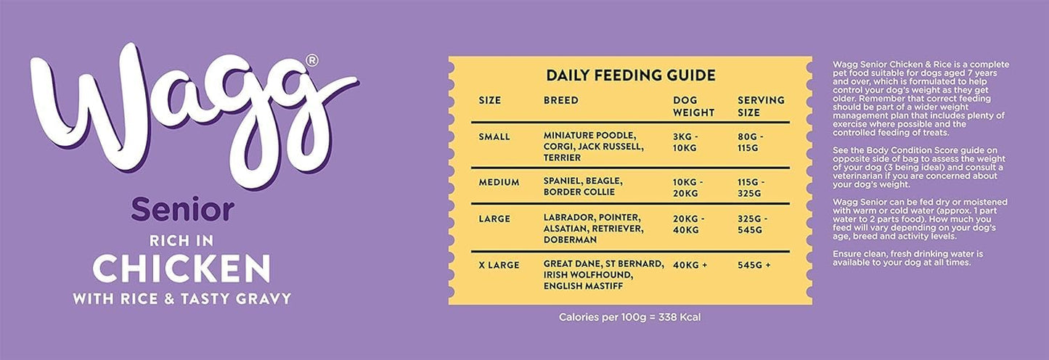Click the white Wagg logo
pos(181,116)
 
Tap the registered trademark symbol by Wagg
pos(312,60)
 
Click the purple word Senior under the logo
pos(182,210)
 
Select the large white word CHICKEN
pos(181,269)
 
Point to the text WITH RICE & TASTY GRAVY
pos(181,298)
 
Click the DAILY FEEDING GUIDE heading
pos(630,75)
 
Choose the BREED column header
pos(560,100)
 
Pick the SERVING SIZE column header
pos(760,107)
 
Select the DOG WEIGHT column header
pos(693,107)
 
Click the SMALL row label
pos(494,136)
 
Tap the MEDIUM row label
pos(499,181)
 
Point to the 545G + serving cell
pos(754,265)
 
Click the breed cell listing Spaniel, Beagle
pos(582,187)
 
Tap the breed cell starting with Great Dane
pos(603,275)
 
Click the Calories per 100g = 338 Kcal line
pos(629,317)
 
